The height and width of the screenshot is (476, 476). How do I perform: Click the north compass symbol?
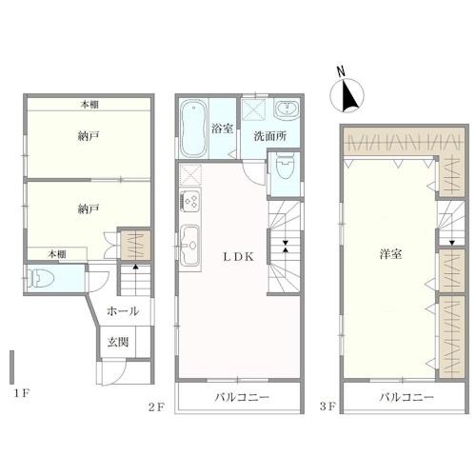pos(347,92)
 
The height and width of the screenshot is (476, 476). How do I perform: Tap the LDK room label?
pos(239,257)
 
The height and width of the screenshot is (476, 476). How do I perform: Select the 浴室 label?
pos(222,129)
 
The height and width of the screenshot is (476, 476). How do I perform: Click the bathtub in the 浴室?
pos(192,129)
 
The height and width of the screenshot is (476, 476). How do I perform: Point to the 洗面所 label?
pos(270,136)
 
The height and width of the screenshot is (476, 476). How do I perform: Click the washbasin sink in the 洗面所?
pos(287,109)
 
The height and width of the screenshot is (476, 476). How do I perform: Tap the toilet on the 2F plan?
pos(285,165)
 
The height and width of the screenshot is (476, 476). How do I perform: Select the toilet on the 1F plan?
pos(41,278)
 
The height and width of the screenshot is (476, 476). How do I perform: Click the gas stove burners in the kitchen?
pos(190,200)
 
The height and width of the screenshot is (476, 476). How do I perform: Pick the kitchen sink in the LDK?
pos(190,245)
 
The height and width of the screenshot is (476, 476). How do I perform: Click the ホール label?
pos(123,311)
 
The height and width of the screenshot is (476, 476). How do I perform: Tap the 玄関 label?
pos(118,343)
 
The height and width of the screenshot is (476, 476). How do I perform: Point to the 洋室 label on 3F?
pos(390,254)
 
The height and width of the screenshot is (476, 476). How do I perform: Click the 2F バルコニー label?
pos(242,397)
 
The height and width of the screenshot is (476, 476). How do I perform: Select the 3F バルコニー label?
pos(407,397)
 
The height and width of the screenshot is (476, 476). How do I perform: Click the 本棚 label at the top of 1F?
pos(89,105)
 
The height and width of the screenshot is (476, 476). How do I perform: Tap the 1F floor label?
pos(22,394)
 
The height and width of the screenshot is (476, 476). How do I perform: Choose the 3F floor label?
pos(327,407)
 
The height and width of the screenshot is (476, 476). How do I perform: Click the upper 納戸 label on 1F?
pos(89,136)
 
